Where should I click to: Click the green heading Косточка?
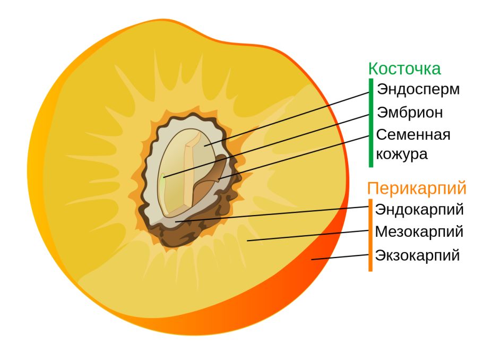click(x=404, y=68)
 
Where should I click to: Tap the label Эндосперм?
click(x=418, y=89)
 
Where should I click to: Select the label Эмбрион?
click(x=410, y=113)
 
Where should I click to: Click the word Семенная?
click(x=413, y=135)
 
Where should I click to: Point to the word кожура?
click(x=402, y=154)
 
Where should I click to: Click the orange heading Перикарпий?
click(x=417, y=188)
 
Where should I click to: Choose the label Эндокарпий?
click(x=419, y=210)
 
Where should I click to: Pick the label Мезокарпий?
click(x=419, y=232)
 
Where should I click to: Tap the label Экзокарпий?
click(x=417, y=255)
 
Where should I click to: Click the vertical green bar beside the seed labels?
click(x=371, y=122)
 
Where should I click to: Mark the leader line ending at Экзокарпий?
click(x=340, y=256)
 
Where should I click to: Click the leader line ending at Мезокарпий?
click(x=308, y=236)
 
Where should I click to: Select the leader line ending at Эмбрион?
click(x=265, y=145)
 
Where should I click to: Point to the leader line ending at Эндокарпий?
click(x=271, y=214)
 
